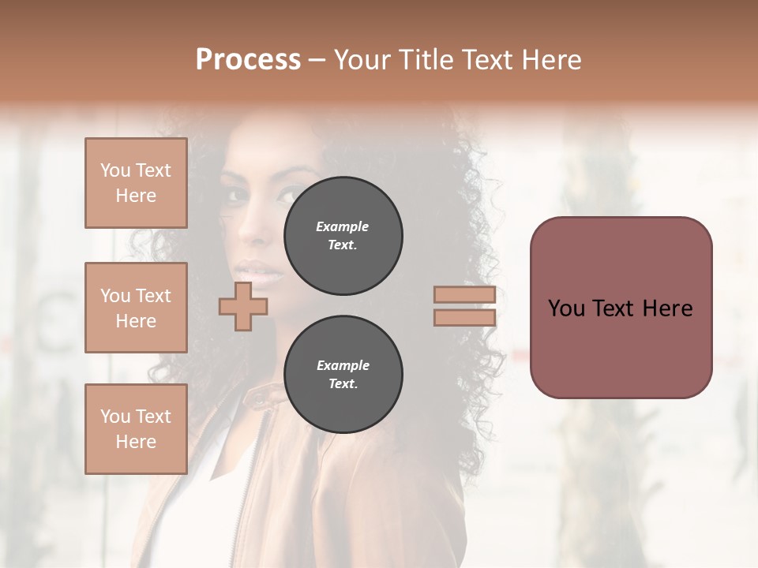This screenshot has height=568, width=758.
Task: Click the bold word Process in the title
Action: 248,60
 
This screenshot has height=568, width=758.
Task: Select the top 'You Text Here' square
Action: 136,183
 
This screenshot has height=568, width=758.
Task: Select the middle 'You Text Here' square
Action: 136,308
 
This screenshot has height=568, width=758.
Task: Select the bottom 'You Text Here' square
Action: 136,429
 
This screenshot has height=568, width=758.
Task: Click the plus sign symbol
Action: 243,306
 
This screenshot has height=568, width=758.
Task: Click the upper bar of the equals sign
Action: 464,295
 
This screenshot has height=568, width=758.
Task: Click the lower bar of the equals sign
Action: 464,318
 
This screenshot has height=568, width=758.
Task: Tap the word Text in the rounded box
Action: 621,308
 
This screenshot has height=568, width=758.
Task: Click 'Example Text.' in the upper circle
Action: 343,235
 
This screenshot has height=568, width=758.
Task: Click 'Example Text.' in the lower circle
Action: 343,374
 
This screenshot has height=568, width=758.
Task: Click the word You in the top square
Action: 114,170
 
